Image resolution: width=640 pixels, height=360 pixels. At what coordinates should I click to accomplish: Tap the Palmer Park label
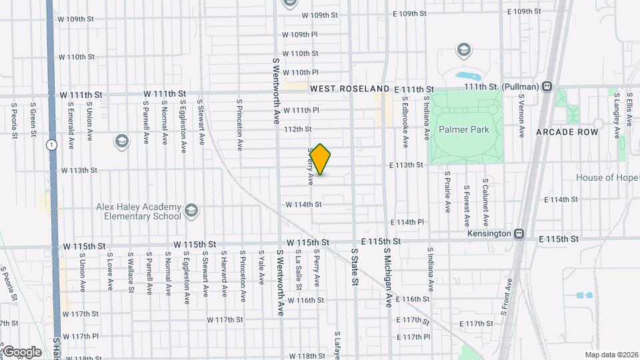click(464, 129)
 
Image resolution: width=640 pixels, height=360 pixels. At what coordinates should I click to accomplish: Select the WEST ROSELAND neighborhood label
click(349, 89)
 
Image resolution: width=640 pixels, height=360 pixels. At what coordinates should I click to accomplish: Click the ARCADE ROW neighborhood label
click(567, 132)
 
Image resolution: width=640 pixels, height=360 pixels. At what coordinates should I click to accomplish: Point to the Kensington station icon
click(519, 234)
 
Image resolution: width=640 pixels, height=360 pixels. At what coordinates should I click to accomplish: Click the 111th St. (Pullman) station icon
click(547, 85)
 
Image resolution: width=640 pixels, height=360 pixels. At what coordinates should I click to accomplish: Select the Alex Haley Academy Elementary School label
click(138, 211)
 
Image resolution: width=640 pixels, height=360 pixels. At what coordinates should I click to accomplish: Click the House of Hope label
click(607, 177)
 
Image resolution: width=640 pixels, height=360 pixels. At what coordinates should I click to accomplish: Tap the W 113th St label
click(79, 171)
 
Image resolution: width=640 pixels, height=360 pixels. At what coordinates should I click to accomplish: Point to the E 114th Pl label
click(407, 222)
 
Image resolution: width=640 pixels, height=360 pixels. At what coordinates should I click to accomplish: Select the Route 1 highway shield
click(51, 144)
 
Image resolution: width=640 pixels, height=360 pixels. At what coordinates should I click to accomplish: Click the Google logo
click(21, 351)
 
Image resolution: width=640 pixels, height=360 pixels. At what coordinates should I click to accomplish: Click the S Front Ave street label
click(509, 293)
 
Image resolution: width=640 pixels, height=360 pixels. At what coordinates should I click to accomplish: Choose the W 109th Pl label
click(300, 34)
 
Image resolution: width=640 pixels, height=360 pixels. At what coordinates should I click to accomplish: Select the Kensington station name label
click(495, 234)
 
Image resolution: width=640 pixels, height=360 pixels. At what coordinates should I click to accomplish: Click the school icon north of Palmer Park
click(463, 49)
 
